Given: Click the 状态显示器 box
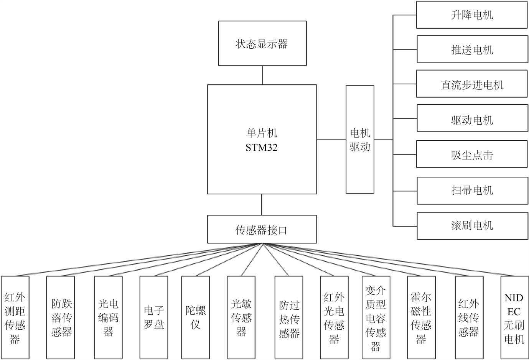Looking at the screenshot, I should [262, 43].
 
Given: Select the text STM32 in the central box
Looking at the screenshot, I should [262, 148].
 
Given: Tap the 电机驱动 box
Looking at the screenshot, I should [360, 139].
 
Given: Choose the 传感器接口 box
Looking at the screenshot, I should [262, 229].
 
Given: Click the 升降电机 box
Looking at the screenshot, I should [472, 15].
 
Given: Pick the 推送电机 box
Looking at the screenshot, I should [472, 50].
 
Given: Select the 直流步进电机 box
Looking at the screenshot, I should [472, 85].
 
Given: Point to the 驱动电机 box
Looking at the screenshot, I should [472, 120].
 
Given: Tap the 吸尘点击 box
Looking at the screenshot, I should [472, 155].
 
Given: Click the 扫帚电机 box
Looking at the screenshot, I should [472, 190].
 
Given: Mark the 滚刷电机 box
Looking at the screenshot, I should [472, 225].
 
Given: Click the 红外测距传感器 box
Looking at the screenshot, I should [15, 317].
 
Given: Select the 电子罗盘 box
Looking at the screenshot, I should [153, 317].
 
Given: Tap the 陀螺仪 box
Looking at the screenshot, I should [195, 317].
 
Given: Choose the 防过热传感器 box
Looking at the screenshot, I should [289, 317].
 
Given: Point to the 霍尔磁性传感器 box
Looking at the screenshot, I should [421, 317].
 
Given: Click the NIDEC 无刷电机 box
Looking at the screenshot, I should [514, 317].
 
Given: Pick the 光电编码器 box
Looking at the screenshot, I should [108, 317].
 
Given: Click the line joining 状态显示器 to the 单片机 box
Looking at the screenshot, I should [262, 75].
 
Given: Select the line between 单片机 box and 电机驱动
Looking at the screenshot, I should [331, 140].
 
